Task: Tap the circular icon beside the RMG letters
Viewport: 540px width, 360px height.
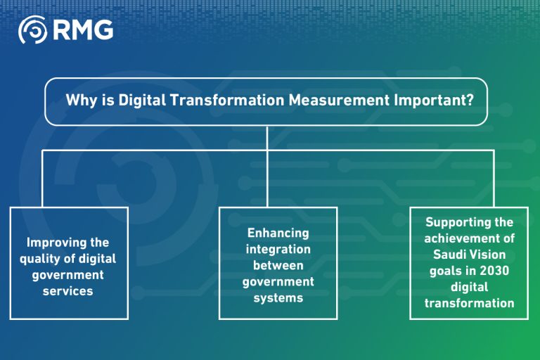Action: point(32,30)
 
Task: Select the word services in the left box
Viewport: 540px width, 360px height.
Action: point(68,290)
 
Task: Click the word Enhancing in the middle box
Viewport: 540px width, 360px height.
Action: point(278,233)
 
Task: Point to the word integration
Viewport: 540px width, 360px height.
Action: point(278,250)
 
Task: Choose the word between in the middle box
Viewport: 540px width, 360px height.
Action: point(278,265)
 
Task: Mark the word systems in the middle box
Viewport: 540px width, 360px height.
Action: point(278,297)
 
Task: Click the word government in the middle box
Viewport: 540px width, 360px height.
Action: point(278,281)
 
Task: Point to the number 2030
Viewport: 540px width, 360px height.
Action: point(492,271)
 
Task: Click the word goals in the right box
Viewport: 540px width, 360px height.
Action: point(446,271)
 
